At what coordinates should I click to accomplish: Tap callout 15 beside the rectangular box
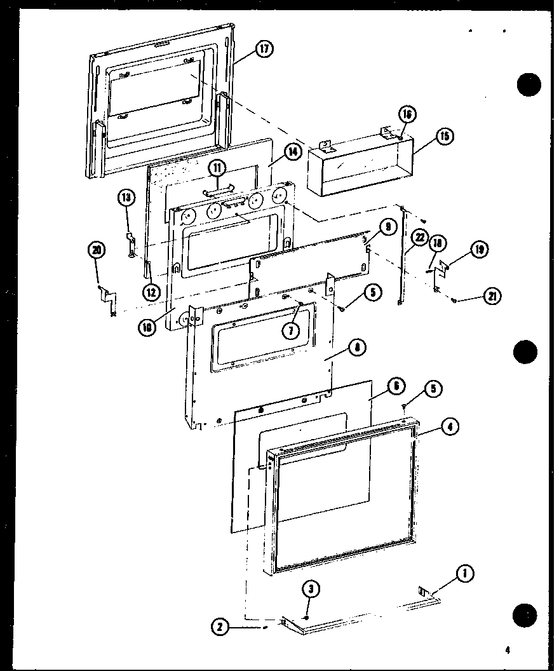pyautogui.click(x=447, y=136)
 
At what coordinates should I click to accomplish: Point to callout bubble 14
pyautogui.click(x=292, y=151)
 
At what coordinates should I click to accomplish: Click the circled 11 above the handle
pyautogui.click(x=218, y=168)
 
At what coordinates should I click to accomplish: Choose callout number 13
pyautogui.click(x=126, y=198)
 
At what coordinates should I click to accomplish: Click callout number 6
pyautogui.click(x=395, y=384)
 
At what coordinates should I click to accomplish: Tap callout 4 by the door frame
pyautogui.click(x=450, y=426)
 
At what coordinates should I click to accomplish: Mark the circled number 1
pyautogui.click(x=465, y=574)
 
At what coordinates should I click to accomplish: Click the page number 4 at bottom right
pyautogui.click(x=508, y=649)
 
